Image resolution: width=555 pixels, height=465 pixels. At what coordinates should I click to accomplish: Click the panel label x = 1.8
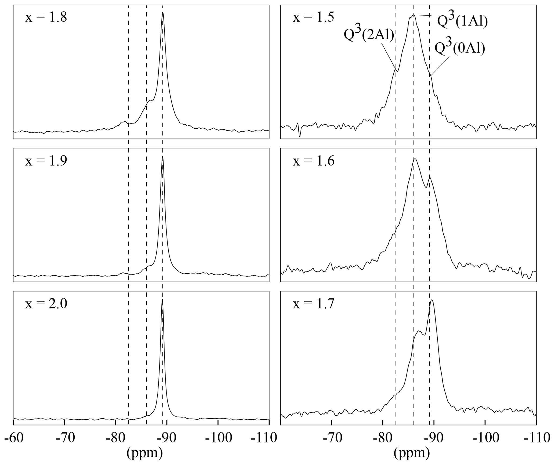46,18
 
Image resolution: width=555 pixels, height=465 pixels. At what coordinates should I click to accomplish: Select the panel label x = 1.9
46,161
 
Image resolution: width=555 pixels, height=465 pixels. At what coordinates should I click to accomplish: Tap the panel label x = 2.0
46,304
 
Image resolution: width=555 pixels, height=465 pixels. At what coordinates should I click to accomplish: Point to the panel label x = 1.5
313,18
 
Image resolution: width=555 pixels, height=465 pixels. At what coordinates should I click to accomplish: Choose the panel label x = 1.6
313,161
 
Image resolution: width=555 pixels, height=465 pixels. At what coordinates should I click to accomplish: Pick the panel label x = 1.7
313,304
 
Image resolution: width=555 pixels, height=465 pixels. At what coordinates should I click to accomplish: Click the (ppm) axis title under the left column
144,453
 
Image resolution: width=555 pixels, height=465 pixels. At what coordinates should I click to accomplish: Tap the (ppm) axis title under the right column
412,453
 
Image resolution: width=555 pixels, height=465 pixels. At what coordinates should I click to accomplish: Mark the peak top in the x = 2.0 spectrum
162,300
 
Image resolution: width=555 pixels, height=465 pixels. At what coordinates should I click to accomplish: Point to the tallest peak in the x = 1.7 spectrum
431,300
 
